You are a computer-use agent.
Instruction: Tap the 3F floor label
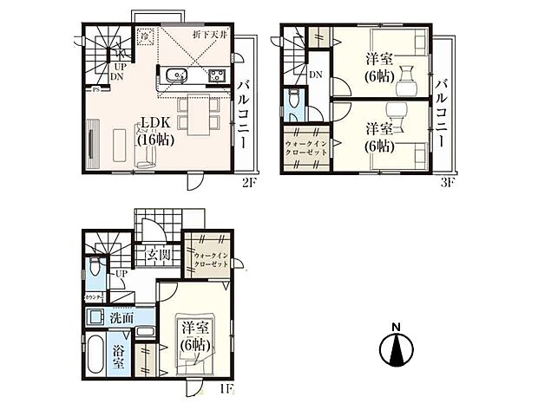446,184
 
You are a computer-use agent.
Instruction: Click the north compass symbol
395,347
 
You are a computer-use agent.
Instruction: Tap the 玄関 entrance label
158,255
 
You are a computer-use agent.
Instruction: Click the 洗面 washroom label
121,318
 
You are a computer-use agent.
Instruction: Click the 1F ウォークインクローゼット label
211,259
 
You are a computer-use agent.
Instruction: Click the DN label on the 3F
316,74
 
